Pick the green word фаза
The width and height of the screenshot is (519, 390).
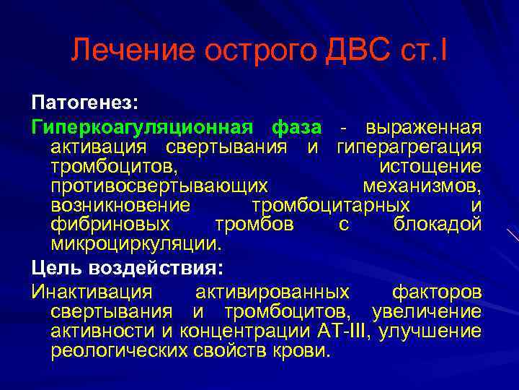(297, 127)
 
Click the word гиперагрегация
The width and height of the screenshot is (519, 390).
(409, 147)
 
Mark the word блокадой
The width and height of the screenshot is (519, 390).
(438, 225)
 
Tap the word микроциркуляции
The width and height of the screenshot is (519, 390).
(135, 244)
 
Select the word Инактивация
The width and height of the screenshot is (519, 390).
(92, 292)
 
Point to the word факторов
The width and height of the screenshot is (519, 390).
(437, 292)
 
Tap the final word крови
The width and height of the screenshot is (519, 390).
(301, 351)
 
